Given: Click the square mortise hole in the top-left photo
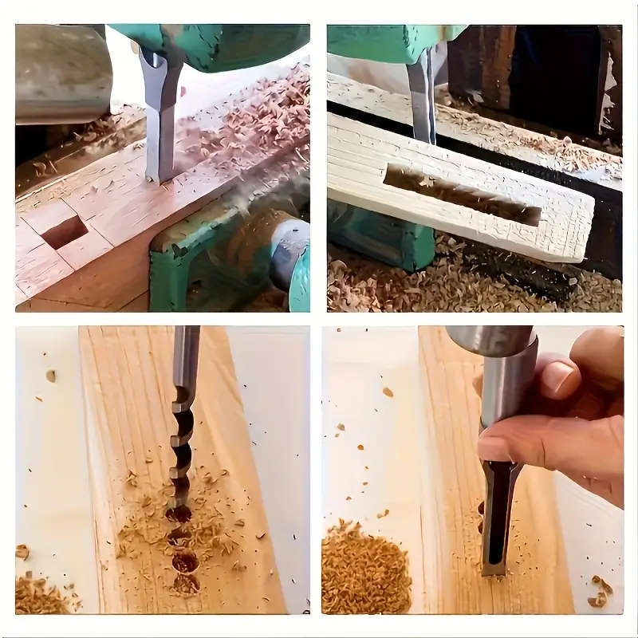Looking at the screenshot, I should (x=64, y=232).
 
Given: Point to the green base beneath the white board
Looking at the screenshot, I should (x=383, y=239).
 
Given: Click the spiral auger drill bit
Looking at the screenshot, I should (x=183, y=423).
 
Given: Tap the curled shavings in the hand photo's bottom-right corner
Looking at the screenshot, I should (x=600, y=590).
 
